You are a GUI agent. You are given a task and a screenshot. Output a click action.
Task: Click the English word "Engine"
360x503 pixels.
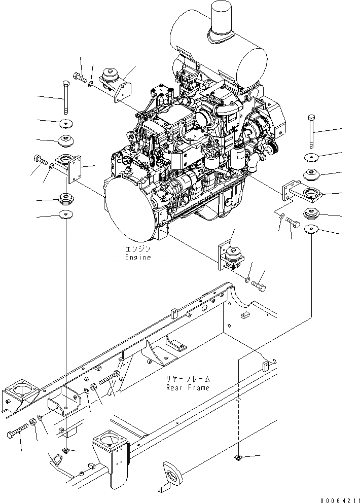click(x=138, y=257)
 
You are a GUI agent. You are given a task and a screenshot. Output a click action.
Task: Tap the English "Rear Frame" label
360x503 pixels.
click(x=187, y=387)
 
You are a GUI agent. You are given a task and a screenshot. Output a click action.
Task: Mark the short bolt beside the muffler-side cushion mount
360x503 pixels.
click(x=80, y=77)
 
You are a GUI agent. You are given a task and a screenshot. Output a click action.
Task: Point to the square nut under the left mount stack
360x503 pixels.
click(x=66, y=450)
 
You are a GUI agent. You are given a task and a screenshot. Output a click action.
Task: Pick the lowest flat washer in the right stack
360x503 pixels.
click(x=311, y=230)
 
